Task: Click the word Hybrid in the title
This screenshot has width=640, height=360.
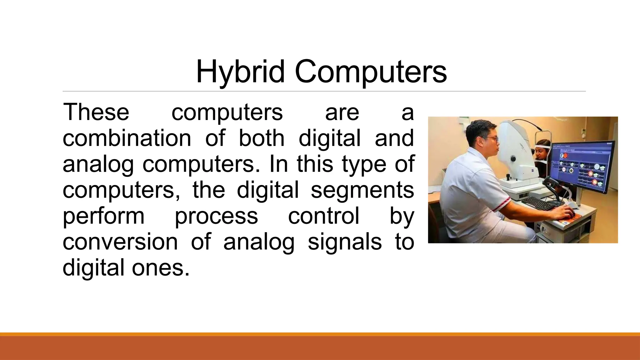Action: (240, 72)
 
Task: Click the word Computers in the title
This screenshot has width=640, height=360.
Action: (371, 72)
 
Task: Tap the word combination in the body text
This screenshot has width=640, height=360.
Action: (127, 138)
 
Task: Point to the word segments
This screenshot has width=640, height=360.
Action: (362, 190)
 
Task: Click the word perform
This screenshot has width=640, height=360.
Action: (103, 216)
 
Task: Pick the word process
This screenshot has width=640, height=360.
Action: (216, 216)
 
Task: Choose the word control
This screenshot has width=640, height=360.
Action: (323, 216)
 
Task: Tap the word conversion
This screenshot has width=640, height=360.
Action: (120, 242)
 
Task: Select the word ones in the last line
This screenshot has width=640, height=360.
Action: (161, 268)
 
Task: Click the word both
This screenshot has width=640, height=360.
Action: (262, 138)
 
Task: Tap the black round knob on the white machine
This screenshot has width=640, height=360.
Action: (513, 159)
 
